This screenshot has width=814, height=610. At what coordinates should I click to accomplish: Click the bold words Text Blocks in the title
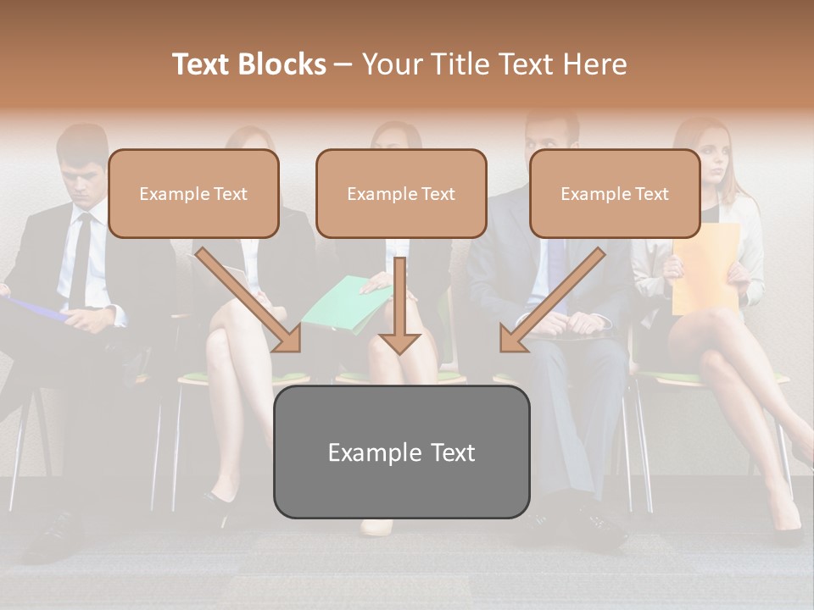tap(249, 64)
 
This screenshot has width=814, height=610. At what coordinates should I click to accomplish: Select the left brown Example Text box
tap(193, 193)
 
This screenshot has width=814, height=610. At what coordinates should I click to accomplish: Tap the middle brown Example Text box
tap(401, 193)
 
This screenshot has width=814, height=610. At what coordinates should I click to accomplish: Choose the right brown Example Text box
tap(615, 193)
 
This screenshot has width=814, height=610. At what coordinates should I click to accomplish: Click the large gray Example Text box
tap(401, 452)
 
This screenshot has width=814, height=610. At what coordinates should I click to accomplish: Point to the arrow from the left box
tap(250, 300)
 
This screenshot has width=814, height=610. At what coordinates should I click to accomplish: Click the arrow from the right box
tap(551, 301)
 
